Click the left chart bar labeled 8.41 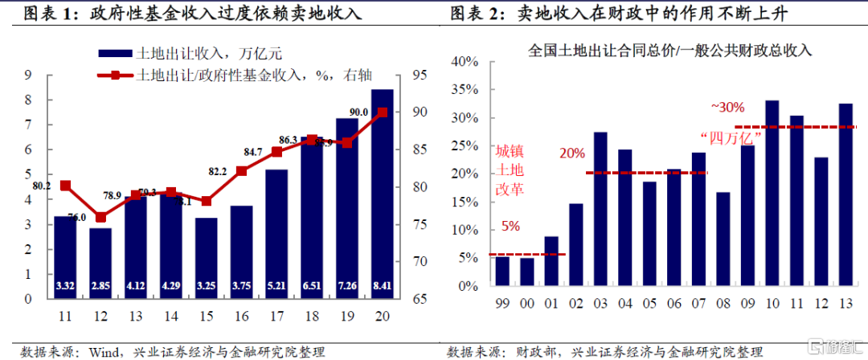pos(382,193)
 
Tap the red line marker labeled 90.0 pos(382,112)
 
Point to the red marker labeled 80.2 pos(65,186)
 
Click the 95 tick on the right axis pos(421,76)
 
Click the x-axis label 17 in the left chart pos(276,316)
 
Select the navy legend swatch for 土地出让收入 pos(113,54)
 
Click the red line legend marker pos(114,76)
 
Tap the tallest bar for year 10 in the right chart pos(772,193)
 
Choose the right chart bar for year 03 pos(600,208)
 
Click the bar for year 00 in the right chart pos(526,272)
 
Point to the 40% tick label pos(465,62)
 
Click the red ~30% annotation pos(728,106)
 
